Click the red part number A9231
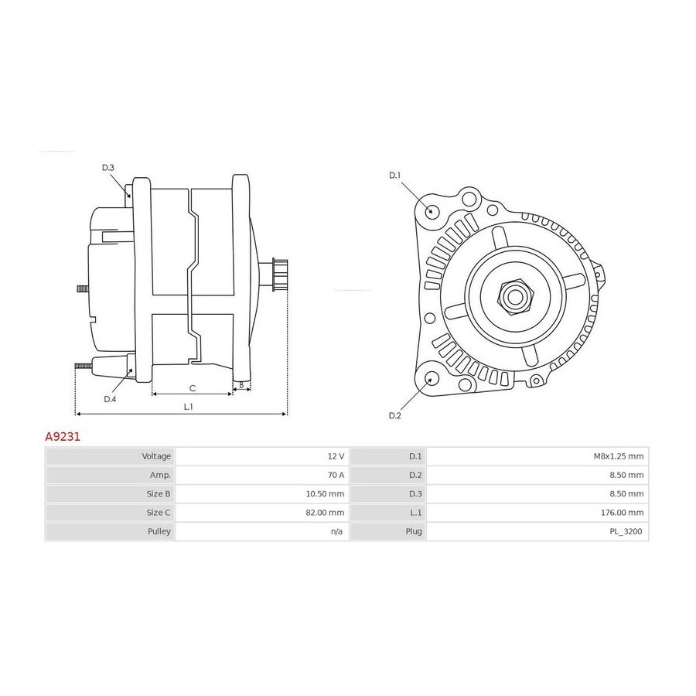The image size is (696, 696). click(63, 437)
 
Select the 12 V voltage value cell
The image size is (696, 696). click(262, 456)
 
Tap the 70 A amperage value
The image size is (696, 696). click(336, 475)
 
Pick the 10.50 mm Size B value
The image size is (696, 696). click(325, 493)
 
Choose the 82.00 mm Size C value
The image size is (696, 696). click(325, 513)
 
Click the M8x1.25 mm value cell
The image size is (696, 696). click(537, 456)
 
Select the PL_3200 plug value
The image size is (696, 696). click(626, 531)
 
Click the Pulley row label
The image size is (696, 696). click(159, 531)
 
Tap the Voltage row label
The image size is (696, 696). click(156, 456)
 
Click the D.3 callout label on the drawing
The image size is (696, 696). click(107, 168)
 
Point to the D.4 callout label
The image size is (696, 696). click(110, 399)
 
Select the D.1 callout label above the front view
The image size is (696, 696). click(394, 176)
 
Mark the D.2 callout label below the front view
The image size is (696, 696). click(394, 415)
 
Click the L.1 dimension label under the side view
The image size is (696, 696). click(188, 407)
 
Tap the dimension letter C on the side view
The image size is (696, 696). click(193, 388)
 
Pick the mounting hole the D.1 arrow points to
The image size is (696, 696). click(430, 211)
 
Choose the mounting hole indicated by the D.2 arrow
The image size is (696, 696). click(430, 380)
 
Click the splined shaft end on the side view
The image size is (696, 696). click(280, 275)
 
